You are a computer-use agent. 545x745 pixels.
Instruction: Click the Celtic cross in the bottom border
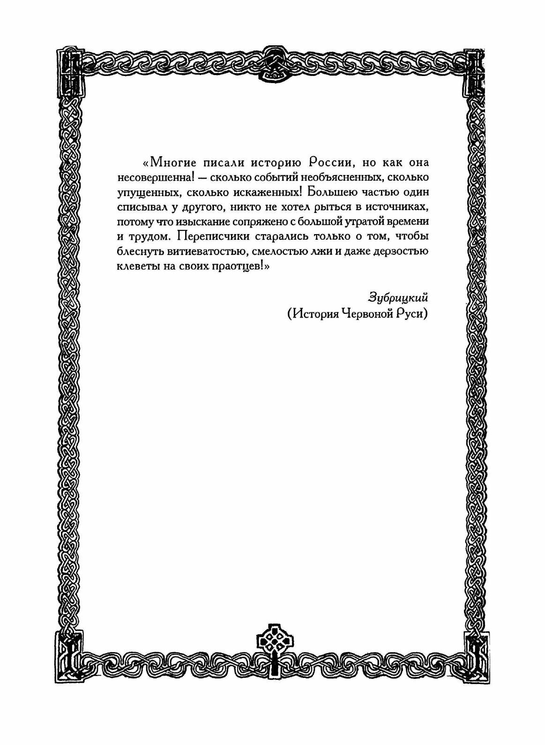tap(272, 640)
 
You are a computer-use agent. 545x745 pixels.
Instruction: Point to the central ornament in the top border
tap(272, 64)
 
